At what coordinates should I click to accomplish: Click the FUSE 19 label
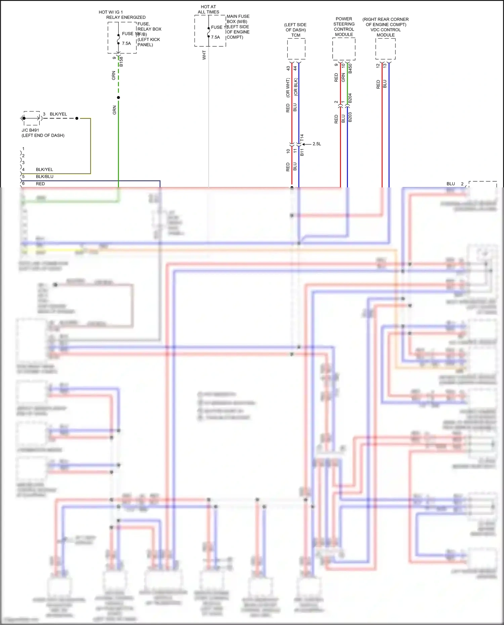click(130, 34)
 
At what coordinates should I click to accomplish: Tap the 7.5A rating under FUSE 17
click(215, 37)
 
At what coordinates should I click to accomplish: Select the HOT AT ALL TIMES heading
click(208, 9)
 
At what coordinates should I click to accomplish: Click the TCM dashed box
click(296, 49)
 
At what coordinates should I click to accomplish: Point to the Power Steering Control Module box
click(344, 49)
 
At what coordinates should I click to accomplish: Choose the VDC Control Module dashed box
click(385, 49)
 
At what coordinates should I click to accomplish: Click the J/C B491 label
click(30, 130)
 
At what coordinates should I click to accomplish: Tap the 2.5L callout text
click(317, 144)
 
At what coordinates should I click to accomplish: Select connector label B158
click(121, 61)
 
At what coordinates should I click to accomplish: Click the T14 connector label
click(302, 138)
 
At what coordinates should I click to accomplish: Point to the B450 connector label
click(350, 68)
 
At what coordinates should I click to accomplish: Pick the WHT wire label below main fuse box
click(204, 55)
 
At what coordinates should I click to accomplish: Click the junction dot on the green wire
click(118, 98)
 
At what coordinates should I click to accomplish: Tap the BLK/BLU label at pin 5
click(44, 177)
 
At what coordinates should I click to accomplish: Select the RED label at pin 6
click(40, 184)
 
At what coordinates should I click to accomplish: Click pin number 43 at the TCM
click(288, 68)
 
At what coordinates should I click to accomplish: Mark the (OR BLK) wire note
click(296, 87)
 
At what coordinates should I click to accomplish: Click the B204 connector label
click(350, 98)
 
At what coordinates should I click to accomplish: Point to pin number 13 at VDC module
click(385, 66)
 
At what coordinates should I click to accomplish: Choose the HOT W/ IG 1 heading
click(111, 12)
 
